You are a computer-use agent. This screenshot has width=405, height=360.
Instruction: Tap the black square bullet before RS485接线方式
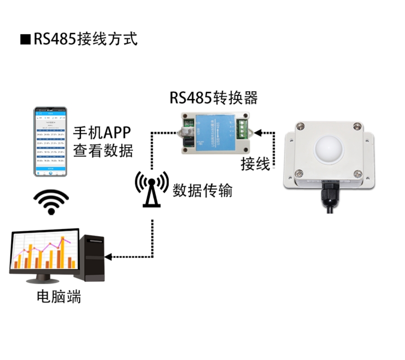[x=25, y=39]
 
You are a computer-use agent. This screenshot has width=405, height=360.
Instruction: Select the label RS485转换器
[x=213, y=98]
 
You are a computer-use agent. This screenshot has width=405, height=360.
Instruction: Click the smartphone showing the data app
[x=51, y=142]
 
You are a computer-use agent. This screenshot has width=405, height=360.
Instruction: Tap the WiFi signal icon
[x=51, y=202]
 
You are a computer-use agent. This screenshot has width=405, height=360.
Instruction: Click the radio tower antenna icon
[x=152, y=189]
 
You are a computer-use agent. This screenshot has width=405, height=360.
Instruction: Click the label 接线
[x=255, y=164]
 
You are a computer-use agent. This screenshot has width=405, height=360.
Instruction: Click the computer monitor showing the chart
[x=44, y=252]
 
